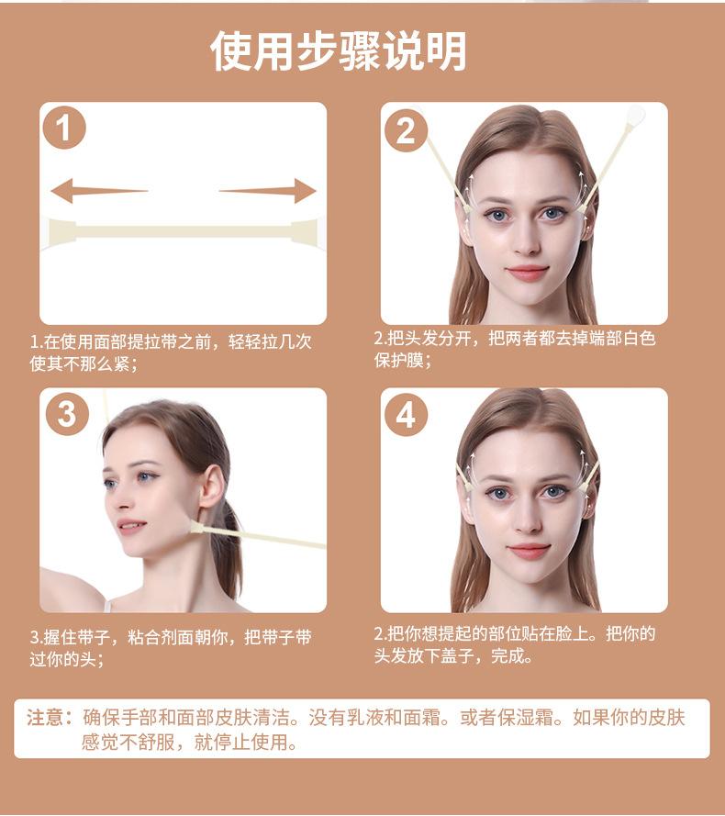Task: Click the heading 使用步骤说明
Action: point(338,51)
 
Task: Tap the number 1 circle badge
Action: point(63,129)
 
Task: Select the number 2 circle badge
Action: point(405,131)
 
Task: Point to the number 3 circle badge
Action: point(66,414)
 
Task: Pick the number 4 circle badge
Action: point(405,415)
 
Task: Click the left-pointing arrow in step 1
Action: point(97,191)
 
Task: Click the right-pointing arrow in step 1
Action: point(269,191)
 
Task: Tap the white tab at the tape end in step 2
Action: point(634,116)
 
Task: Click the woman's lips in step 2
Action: point(527,272)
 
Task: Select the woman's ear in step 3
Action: point(210,487)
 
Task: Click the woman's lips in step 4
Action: point(528,551)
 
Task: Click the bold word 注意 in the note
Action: point(44,718)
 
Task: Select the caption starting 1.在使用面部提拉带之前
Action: point(171,352)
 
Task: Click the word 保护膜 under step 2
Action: point(398,361)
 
